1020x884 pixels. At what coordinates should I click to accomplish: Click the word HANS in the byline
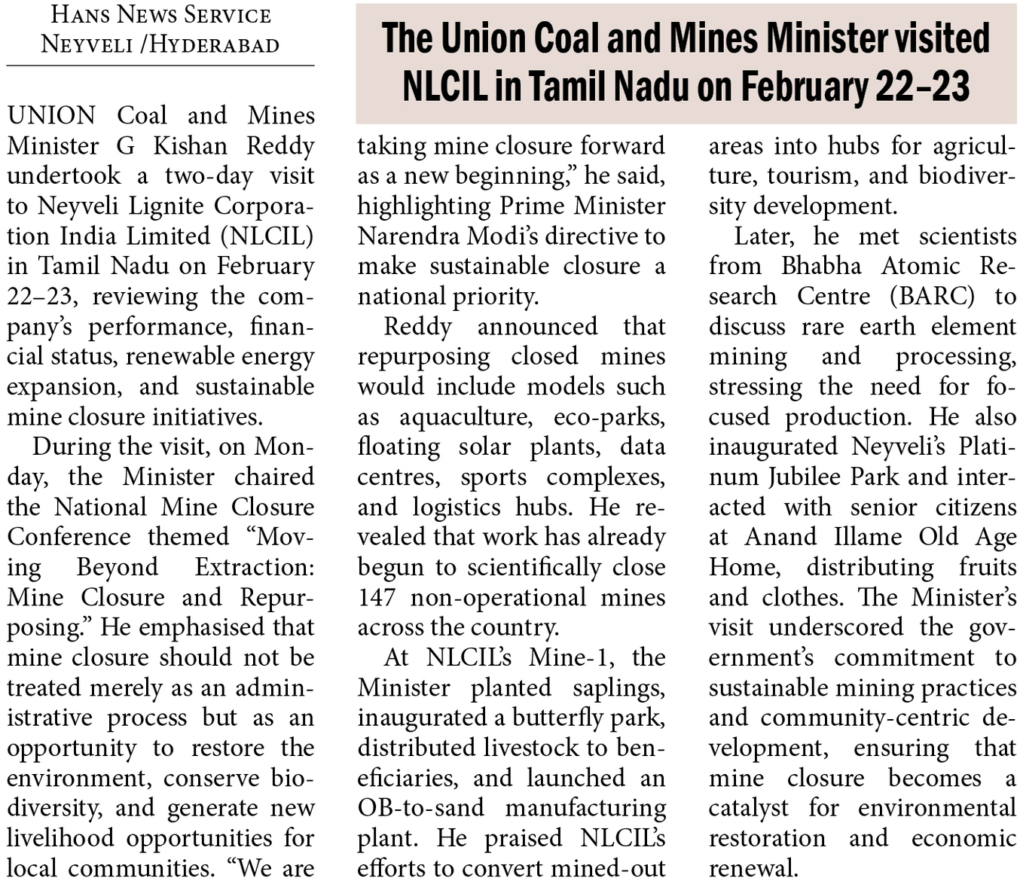pos(80,14)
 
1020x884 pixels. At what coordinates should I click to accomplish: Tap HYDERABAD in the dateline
pos(214,44)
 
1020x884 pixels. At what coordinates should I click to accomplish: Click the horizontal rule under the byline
pos(160,66)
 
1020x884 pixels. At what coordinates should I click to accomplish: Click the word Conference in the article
pos(69,537)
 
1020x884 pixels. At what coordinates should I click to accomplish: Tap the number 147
pos(376,597)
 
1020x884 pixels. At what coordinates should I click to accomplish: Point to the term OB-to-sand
pos(420,808)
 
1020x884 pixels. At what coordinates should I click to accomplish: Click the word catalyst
pos(748,808)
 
